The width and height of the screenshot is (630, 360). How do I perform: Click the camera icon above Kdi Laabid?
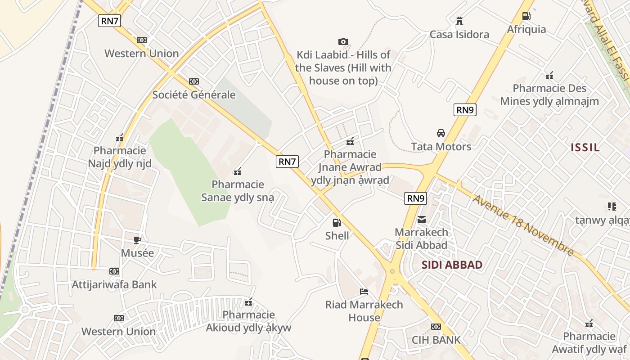pos(343,42)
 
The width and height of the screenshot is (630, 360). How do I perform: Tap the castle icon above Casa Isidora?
pos(459,21)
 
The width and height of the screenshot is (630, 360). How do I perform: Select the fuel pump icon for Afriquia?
pos(526,16)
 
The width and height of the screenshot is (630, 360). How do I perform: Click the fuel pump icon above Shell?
pos(337,222)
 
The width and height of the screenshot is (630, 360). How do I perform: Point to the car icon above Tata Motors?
pos(441,133)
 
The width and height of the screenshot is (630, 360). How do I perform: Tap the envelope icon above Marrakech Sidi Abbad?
pos(422,220)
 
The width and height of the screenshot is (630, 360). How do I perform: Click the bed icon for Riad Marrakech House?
pos(364,292)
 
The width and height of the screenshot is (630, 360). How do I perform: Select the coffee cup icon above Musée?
pos(137,240)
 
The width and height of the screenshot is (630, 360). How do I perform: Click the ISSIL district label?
pos(585,147)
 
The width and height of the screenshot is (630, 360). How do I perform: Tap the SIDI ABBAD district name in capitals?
pos(452,265)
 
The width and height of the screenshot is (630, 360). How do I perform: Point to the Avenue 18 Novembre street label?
pos(523,225)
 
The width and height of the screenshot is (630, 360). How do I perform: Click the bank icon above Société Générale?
pos(194,81)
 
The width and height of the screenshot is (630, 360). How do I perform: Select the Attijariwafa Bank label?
pos(114,284)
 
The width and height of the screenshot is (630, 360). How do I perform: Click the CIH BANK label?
pos(436,340)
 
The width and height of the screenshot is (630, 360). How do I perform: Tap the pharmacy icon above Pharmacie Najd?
pos(120,138)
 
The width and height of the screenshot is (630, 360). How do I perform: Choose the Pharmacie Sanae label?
pos(238,191)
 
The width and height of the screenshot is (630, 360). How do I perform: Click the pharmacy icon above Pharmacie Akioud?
pos(248,302)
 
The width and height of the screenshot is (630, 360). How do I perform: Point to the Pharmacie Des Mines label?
pos(549,94)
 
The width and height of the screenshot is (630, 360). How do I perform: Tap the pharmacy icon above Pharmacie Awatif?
pos(589,324)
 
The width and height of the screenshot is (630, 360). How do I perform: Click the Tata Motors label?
pos(441,147)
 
